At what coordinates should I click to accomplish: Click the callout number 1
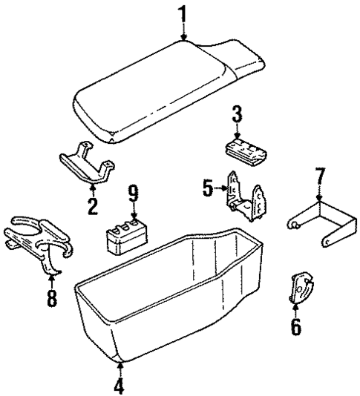(183, 13)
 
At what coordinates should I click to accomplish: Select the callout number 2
(93, 205)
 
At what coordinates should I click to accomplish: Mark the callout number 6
(296, 327)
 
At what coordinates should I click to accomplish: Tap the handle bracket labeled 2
(86, 165)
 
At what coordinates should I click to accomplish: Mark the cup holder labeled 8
(41, 241)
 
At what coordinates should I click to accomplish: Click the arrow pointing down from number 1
(183, 31)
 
